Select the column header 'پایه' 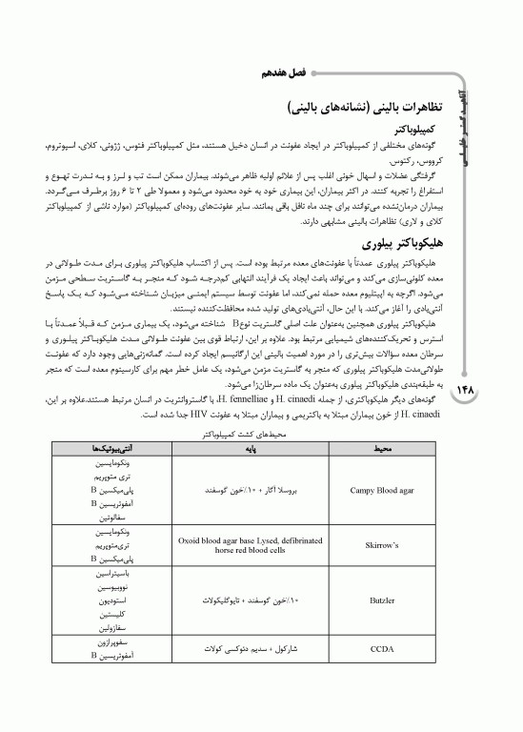251,446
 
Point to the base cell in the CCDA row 251,650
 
